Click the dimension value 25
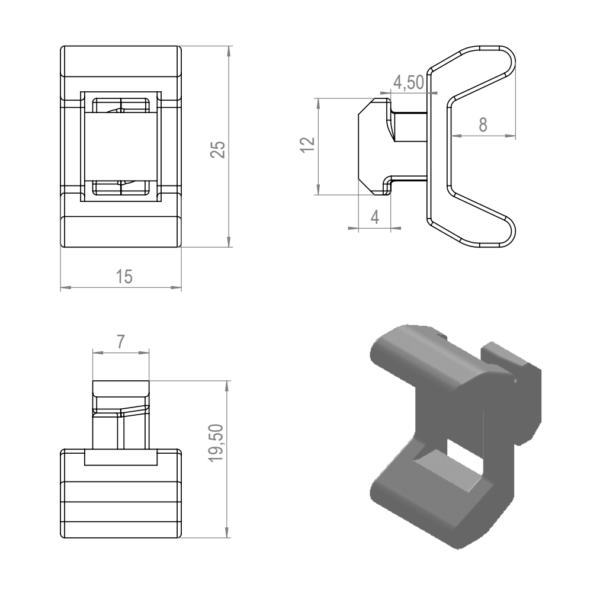(x=218, y=149)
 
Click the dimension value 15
(x=124, y=277)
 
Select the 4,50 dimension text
(x=409, y=82)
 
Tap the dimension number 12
(x=307, y=145)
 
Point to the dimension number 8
(x=483, y=125)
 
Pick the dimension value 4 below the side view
(x=375, y=217)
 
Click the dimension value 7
(x=121, y=342)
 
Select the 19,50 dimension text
(x=217, y=443)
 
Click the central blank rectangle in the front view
(x=121, y=146)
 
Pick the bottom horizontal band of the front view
(x=121, y=232)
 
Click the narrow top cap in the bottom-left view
(x=121, y=388)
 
